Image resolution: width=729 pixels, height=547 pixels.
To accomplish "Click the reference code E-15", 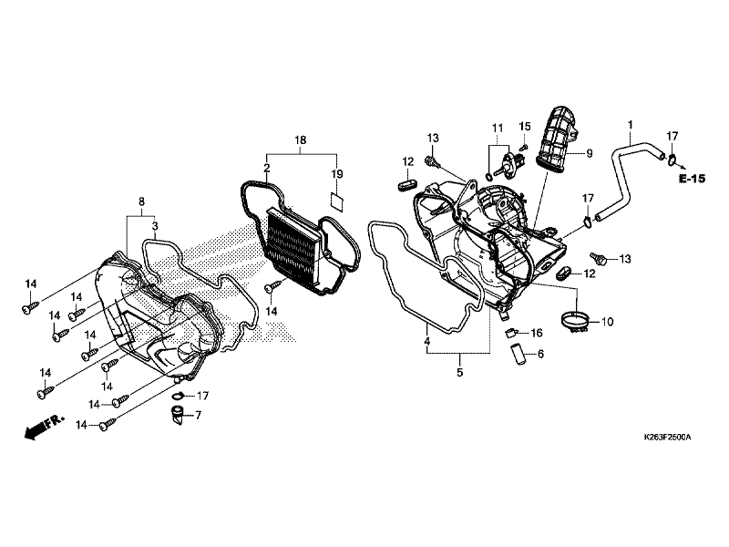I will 693,179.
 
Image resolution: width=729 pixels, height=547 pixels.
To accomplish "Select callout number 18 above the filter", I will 300,140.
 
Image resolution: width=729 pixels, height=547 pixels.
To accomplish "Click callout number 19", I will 336,173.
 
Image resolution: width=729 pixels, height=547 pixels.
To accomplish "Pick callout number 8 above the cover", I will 141,201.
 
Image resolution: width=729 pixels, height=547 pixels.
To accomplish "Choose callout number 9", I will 589,153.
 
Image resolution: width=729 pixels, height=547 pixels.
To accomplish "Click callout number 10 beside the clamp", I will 608,322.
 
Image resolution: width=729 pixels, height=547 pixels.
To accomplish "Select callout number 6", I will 540,354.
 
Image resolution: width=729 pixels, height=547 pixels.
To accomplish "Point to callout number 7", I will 199,416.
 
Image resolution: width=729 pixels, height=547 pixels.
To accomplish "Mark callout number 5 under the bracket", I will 459,373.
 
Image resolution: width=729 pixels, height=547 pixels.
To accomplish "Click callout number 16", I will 537,333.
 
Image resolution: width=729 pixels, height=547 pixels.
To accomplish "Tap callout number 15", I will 525,126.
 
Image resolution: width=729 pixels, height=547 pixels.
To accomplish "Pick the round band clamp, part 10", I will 576,322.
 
